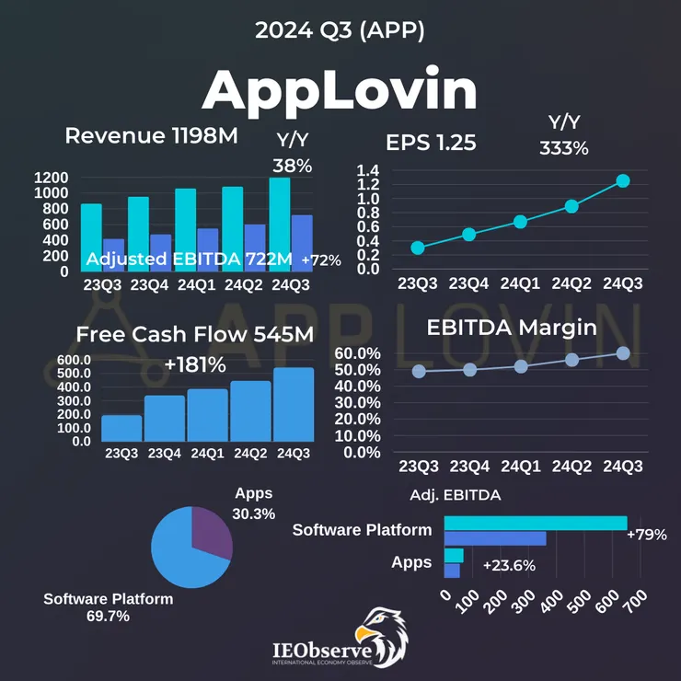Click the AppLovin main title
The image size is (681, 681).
[340, 91]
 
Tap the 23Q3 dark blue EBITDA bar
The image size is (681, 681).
[113, 248]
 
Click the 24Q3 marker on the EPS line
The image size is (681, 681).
[623, 180]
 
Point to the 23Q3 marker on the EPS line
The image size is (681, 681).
[418, 248]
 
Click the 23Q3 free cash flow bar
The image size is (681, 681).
[121, 428]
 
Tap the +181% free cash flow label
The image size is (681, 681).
[195, 365]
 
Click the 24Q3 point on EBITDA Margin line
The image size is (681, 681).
[623, 353]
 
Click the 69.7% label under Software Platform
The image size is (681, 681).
[108, 616]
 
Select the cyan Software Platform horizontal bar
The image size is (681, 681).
[535, 523]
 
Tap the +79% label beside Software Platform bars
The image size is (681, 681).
[646, 534]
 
